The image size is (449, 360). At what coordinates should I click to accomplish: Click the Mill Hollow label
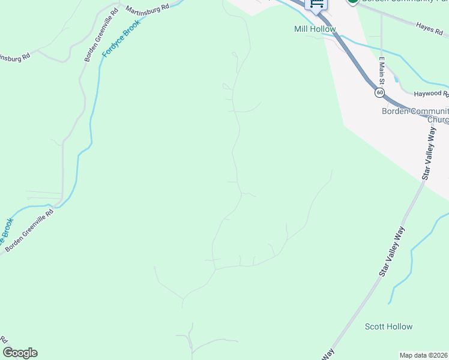click(315, 29)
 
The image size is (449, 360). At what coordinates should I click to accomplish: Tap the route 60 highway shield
click(379, 92)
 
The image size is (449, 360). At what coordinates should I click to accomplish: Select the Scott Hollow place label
click(388, 326)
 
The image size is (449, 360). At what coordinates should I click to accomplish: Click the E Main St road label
click(381, 71)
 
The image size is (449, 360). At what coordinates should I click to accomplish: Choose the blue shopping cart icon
click(316, 4)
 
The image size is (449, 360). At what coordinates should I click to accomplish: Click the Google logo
click(20, 353)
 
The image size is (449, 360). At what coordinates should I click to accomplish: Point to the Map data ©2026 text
click(424, 355)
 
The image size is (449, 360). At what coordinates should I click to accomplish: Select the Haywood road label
click(430, 94)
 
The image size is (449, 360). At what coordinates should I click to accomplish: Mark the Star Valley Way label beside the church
click(429, 157)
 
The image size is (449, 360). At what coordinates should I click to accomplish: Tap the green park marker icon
click(353, 2)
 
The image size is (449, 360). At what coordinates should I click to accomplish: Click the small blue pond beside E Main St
click(396, 79)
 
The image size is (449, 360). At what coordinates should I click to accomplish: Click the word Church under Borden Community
click(438, 119)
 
